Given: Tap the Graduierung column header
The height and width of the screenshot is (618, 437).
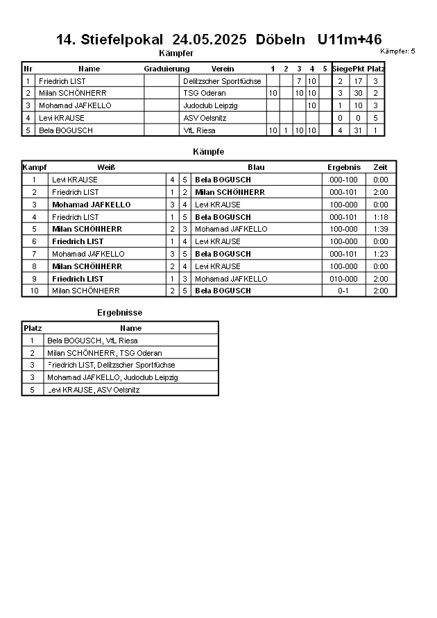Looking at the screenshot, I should (166, 69).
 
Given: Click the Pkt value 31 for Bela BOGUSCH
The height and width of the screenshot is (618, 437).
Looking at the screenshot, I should (358, 130).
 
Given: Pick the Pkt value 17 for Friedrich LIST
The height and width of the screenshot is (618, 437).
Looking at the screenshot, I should (358, 81).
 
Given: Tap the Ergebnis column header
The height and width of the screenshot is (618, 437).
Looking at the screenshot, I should (344, 167).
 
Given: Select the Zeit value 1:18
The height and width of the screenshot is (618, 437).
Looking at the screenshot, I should (380, 217).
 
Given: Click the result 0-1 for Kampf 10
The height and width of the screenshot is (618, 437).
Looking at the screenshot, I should (344, 291).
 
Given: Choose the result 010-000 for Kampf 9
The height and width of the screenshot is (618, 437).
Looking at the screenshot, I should (344, 279).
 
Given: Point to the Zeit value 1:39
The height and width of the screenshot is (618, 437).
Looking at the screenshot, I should (380, 229).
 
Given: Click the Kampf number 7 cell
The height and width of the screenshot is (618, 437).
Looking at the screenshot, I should (33, 254).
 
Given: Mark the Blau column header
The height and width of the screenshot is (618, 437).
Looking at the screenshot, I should (256, 167).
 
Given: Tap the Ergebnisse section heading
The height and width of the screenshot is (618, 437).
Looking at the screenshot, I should (119, 313).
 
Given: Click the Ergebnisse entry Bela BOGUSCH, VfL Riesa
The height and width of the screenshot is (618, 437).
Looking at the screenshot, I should (92, 341).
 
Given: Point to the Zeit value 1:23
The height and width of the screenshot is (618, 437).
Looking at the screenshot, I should (380, 254).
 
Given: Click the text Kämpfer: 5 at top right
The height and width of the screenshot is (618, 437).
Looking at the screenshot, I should (398, 51).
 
